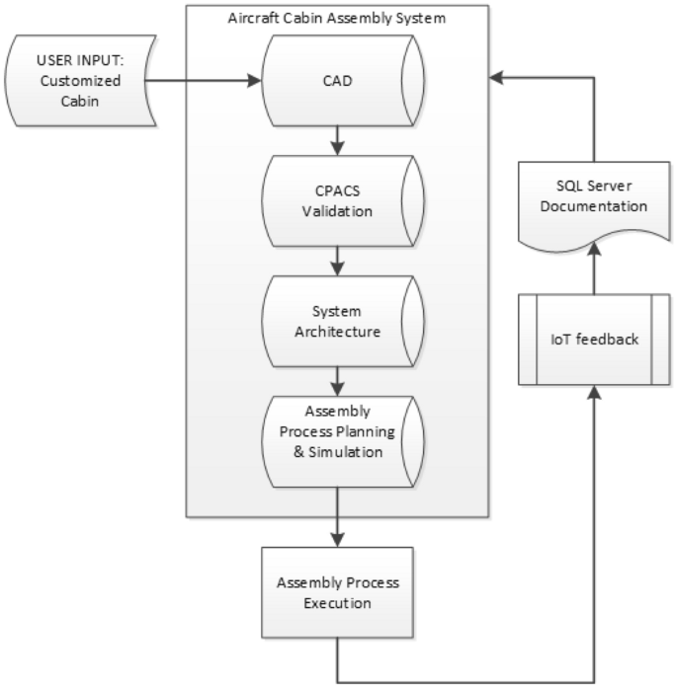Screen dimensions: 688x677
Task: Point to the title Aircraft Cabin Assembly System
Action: click(x=337, y=19)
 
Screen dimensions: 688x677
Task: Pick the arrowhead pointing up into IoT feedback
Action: click(x=592, y=393)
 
